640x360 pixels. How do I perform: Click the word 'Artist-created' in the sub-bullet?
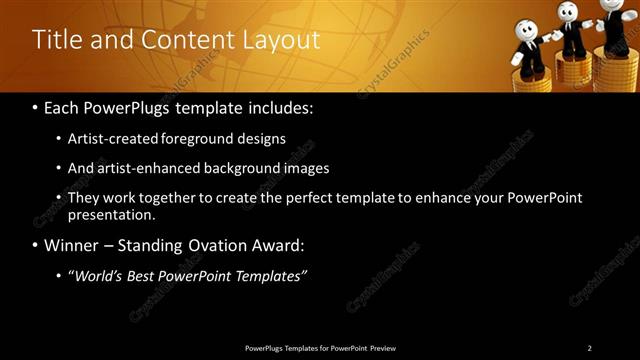[109, 139]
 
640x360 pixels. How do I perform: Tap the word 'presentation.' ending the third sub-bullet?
[112, 214]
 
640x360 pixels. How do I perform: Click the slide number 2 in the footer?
[589, 348]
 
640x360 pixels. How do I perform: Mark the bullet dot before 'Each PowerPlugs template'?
[36, 106]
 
